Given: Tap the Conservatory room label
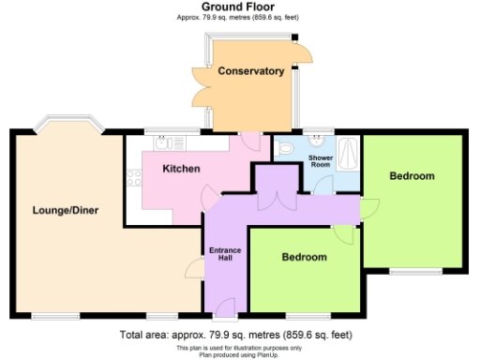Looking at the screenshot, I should [x=250, y=71].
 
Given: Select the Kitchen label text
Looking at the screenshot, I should [x=181, y=169].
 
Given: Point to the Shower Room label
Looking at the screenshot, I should [x=322, y=160].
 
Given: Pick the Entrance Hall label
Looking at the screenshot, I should [x=224, y=254].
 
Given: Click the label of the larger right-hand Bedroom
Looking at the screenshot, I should [x=412, y=176].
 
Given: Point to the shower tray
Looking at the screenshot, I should [x=350, y=151].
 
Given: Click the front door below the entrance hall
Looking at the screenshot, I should [x=226, y=305].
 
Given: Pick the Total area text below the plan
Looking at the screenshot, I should [x=238, y=334].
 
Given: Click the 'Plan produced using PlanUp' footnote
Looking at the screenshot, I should [x=238, y=354].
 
